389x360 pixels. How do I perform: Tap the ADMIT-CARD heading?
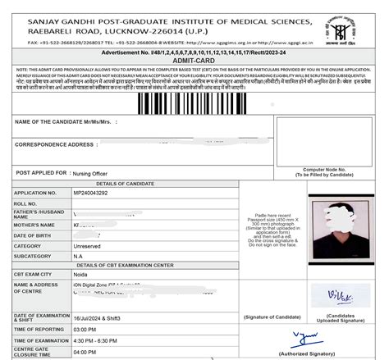coord(194,60)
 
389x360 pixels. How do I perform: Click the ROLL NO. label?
coord(26,203)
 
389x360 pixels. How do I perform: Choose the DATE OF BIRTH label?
coord(33,235)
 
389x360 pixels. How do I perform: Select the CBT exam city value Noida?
coord(80,276)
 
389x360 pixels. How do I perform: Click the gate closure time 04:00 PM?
coord(85,352)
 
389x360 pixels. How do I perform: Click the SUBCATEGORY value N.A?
coord(78,257)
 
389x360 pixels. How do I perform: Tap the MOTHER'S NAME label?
coord(34,225)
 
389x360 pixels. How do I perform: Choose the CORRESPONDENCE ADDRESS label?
coord(55,144)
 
